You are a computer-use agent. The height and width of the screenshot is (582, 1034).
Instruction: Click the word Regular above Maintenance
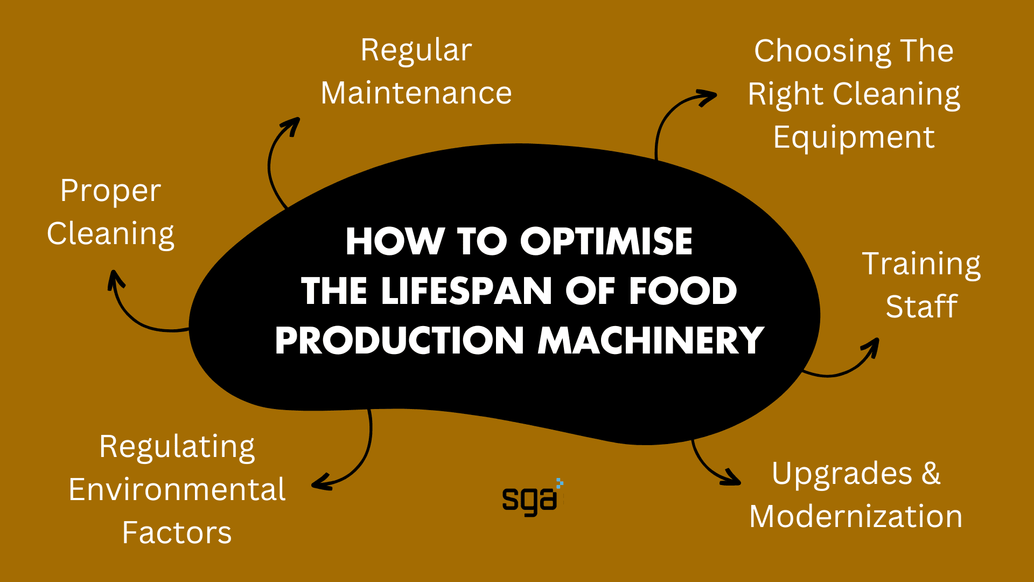click(x=416, y=51)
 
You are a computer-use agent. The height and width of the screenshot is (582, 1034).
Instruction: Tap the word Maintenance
click(x=416, y=93)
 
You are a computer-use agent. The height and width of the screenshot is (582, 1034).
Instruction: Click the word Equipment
click(x=854, y=138)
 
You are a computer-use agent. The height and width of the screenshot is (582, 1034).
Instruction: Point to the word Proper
click(x=110, y=191)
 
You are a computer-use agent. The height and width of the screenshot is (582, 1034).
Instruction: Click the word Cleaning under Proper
click(x=110, y=234)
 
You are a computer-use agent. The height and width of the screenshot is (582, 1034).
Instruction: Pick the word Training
click(x=921, y=265)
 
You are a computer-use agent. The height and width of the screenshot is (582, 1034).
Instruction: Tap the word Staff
click(x=921, y=307)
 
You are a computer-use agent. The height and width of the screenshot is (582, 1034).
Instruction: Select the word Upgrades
click(x=842, y=474)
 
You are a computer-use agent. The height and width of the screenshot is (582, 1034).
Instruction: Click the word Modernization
click(x=855, y=516)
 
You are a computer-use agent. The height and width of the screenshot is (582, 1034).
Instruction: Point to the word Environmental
click(x=177, y=489)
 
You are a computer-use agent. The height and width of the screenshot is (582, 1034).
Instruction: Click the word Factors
click(x=177, y=532)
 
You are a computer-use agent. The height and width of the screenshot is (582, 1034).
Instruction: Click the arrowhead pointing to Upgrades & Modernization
click(x=732, y=479)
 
